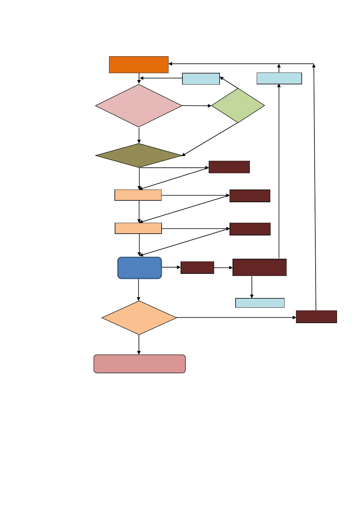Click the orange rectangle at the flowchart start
[139, 64]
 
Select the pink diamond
[139, 105]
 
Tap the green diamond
[238, 105]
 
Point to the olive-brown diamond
[139, 155]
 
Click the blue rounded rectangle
[140, 268]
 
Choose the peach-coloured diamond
[139, 318]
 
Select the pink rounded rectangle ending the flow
[140, 364]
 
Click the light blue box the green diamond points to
[201, 79]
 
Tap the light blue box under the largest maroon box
[260, 303]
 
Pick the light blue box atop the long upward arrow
[279, 78]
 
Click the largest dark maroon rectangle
[259, 267]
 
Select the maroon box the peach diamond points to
[316, 317]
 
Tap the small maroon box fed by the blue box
[197, 267]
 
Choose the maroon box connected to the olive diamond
[229, 167]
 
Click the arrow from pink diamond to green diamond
[196, 106]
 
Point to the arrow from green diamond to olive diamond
[210, 139]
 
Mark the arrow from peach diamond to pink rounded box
[139, 345]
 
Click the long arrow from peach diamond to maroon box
[236, 317]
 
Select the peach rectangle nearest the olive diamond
[138, 195]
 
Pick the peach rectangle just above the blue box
[138, 228]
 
